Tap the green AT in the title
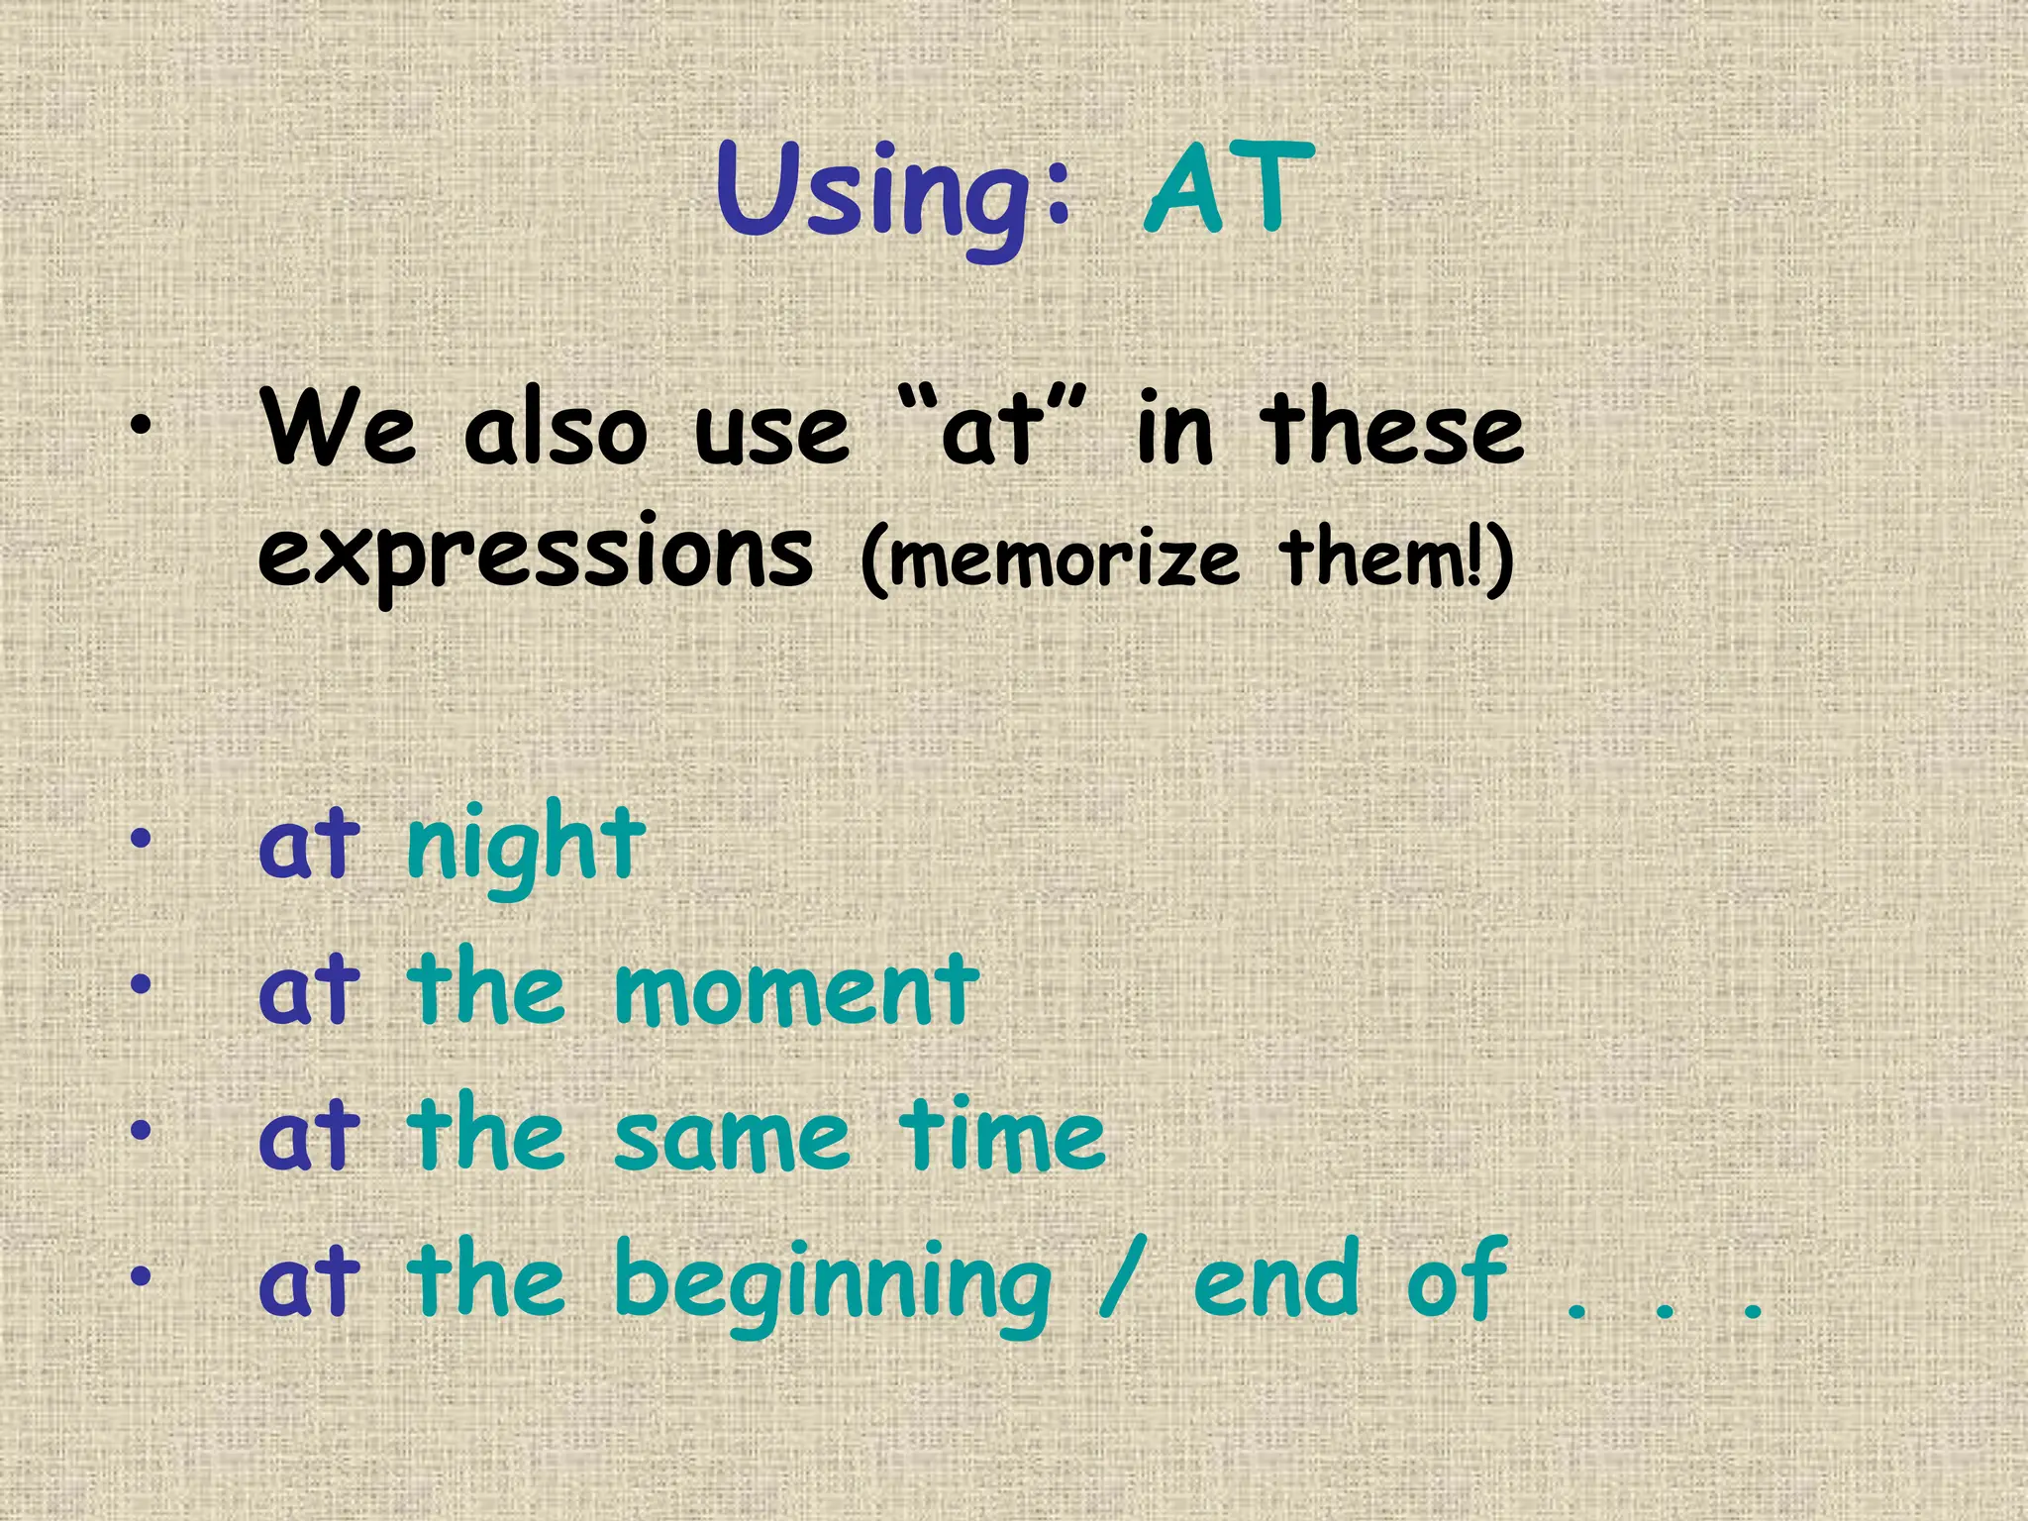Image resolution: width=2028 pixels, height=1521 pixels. click(1228, 188)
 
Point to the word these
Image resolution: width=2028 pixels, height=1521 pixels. click(1391, 428)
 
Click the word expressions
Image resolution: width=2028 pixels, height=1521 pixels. click(535, 555)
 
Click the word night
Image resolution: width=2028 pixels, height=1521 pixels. click(525, 847)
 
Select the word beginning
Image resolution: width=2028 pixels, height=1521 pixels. click(832, 1282)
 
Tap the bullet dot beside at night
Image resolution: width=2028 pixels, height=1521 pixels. click(142, 840)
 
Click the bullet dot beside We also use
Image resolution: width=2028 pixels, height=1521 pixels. click(142, 426)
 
